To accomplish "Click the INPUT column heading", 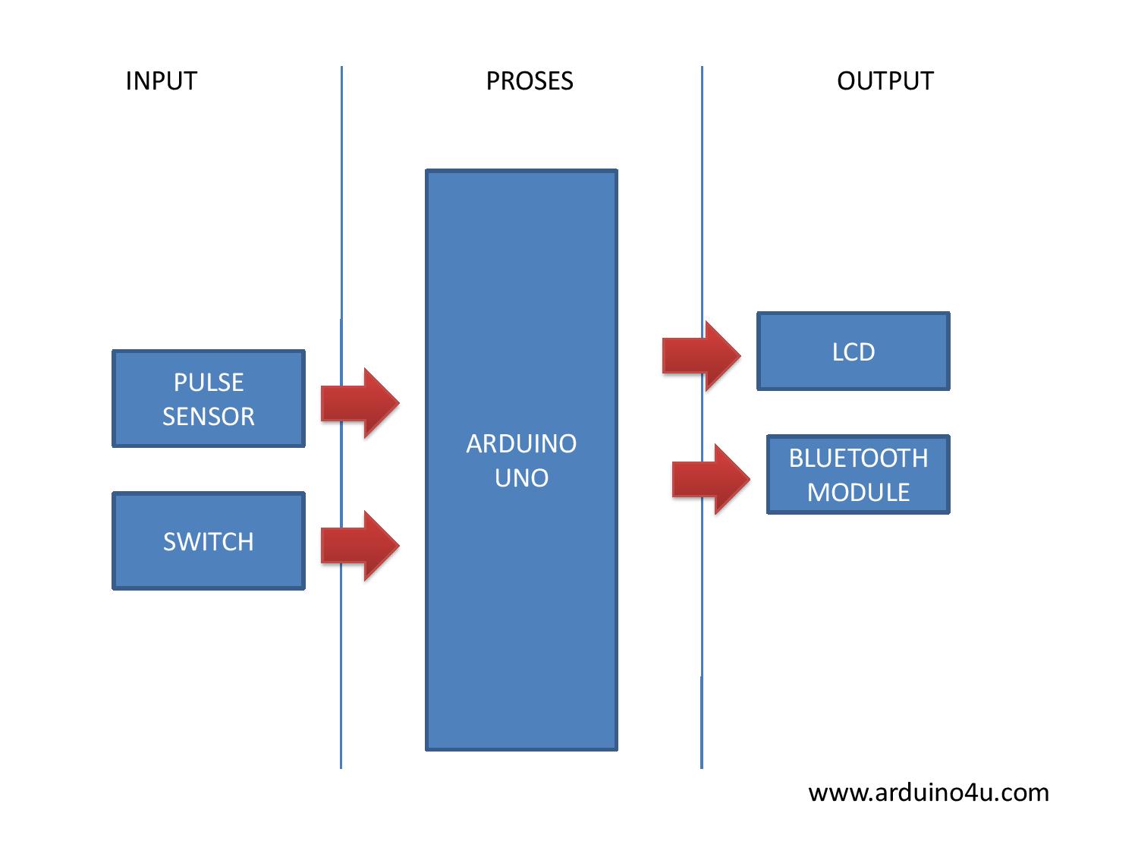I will [161, 81].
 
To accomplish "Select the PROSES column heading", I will [530, 81].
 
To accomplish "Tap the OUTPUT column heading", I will [885, 81].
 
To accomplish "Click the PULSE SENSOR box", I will [209, 399].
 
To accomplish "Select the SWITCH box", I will [209, 541].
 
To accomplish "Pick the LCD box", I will [853, 351].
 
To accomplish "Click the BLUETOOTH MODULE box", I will [858, 475].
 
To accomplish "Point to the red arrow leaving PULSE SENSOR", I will [360, 402].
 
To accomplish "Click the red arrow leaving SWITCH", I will [360, 545].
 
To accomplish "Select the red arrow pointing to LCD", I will [701, 355].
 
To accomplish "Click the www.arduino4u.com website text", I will [929, 793].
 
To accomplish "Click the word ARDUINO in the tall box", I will [521, 443].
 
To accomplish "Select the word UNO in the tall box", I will [521, 477].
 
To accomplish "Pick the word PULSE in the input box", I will [209, 382].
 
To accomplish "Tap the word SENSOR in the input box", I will [209, 416].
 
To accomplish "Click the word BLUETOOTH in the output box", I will [858, 458].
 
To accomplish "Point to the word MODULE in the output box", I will [858, 492].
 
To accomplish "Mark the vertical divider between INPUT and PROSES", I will [341, 228].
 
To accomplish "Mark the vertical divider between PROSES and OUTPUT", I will [702, 228].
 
